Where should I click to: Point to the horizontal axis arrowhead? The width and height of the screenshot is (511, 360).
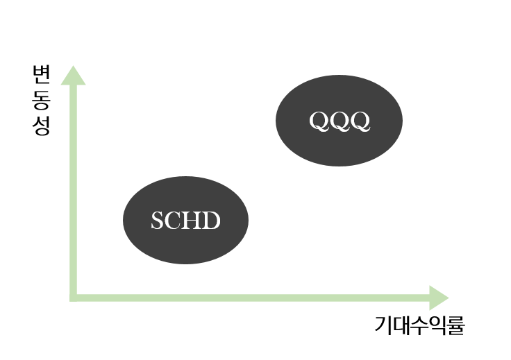[438, 298]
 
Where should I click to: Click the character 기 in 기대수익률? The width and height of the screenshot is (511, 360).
[383, 325]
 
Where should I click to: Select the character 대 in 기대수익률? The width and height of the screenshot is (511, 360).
[401, 325]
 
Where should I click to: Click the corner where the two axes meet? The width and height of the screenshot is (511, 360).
[73, 298]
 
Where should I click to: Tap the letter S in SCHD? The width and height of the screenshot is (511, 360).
[157, 221]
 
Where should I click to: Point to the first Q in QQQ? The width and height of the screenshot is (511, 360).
[319, 121]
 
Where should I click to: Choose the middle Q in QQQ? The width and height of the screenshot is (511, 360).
[340, 121]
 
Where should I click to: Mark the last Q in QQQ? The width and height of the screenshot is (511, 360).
[360, 121]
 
